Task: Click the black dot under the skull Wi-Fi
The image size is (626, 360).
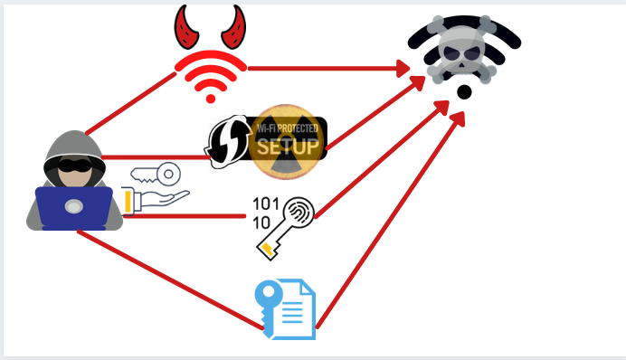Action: pyautogui.click(x=463, y=92)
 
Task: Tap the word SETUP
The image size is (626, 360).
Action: pyautogui.click(x=287, y=146)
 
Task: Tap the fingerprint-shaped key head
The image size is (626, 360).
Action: pyautogui.click(x=296, y=212)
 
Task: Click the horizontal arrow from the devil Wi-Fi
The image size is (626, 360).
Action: pyautogui.click(x=326, y=68)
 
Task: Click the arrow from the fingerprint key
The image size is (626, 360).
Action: pyautogui.click(x=380, y=163)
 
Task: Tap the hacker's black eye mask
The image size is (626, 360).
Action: pyautogui.click(x=71, y=168)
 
